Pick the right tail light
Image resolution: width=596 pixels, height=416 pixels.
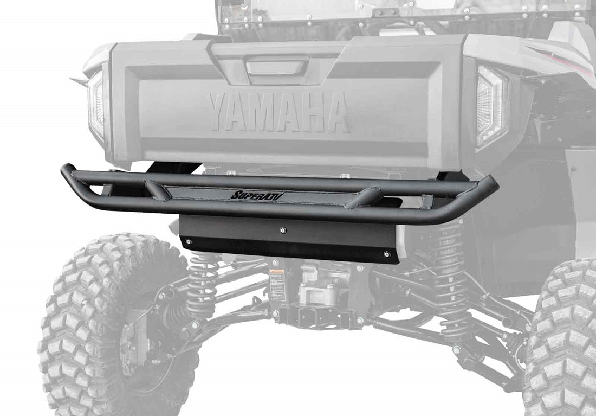490,106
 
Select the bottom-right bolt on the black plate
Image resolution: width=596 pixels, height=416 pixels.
385,254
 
